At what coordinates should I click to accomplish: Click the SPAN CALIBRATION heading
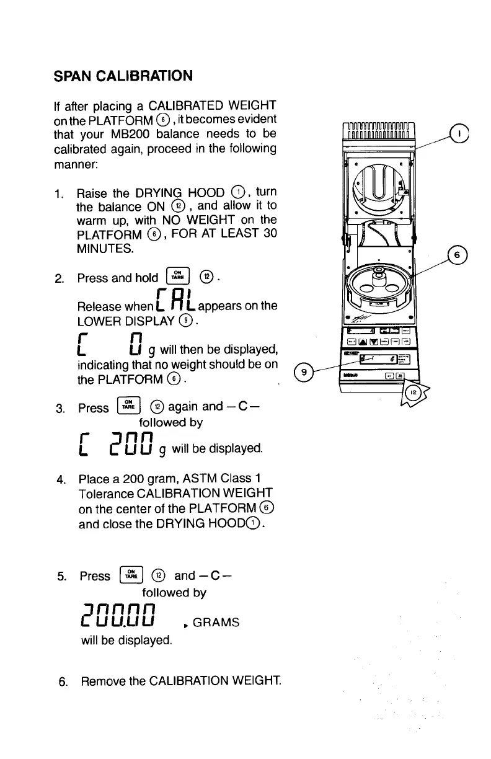tap(122, 76)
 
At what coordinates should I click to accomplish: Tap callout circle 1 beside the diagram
tap(459, 133)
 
